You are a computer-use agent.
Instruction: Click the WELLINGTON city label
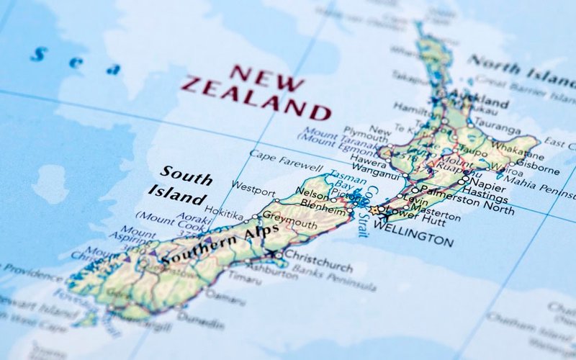[414, 234]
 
